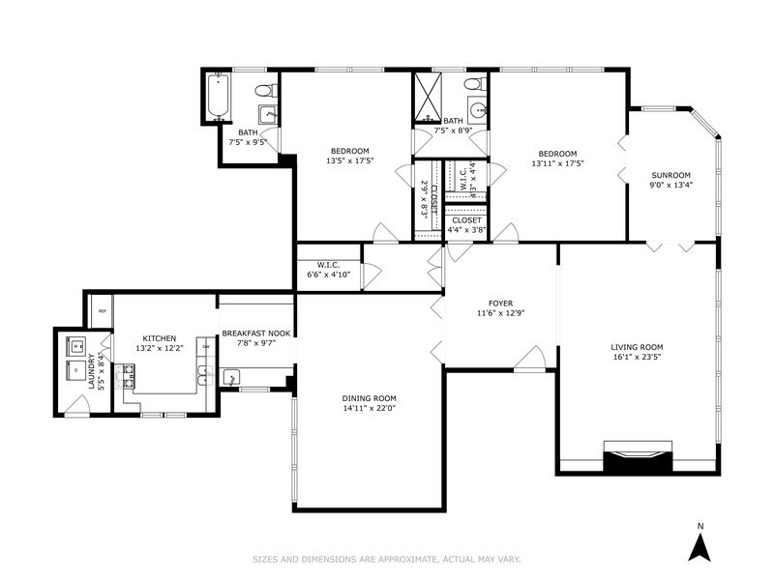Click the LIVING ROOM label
[637, 347]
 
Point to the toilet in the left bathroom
[261, 92]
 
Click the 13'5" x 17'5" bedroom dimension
[349, 161]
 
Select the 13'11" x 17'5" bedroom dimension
[557, 163]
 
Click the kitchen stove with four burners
[128, 375]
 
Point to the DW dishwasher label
[204, 345]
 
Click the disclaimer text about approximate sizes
[387, 558]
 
